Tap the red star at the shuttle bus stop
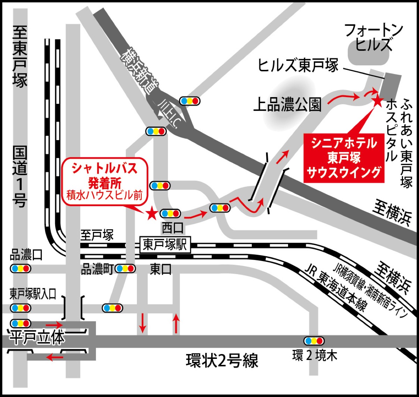coord(152,213)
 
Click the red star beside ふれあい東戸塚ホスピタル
coord(377,101)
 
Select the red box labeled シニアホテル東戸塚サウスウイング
coord(344,158)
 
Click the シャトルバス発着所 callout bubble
coord(105,182)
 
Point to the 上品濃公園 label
coord(287,104)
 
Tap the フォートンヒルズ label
coord(373,37)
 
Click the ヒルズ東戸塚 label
coord(298,65)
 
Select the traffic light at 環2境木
coord(314,340)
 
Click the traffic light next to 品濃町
coord(125,268)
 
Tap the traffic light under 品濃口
coord(20,268)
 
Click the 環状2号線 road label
coord(222,361)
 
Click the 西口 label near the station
coord(172,228)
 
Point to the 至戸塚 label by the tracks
coord(97,235)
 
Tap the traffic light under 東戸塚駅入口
coord(20,308)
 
